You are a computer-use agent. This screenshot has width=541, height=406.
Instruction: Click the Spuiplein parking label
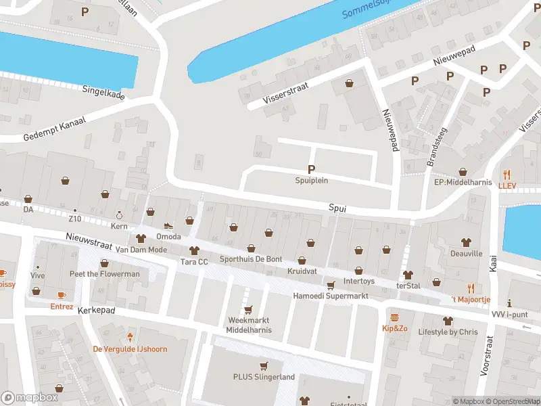tap(311, 180)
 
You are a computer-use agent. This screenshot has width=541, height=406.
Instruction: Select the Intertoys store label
tap(358, 280)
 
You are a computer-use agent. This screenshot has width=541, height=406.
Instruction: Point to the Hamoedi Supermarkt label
tap(330, 296)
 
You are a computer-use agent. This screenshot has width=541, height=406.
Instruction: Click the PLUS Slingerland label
tap(264, 377)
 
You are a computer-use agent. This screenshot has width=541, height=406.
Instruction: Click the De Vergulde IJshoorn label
tap(129, 349)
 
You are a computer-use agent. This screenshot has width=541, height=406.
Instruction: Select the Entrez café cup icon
tap(62, 295)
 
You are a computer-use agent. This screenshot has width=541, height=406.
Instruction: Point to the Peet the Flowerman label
tap(104, 274)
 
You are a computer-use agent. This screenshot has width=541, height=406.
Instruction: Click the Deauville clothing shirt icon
tap(466, 242)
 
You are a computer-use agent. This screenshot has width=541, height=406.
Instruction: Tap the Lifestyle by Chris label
tap(447, 332)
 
